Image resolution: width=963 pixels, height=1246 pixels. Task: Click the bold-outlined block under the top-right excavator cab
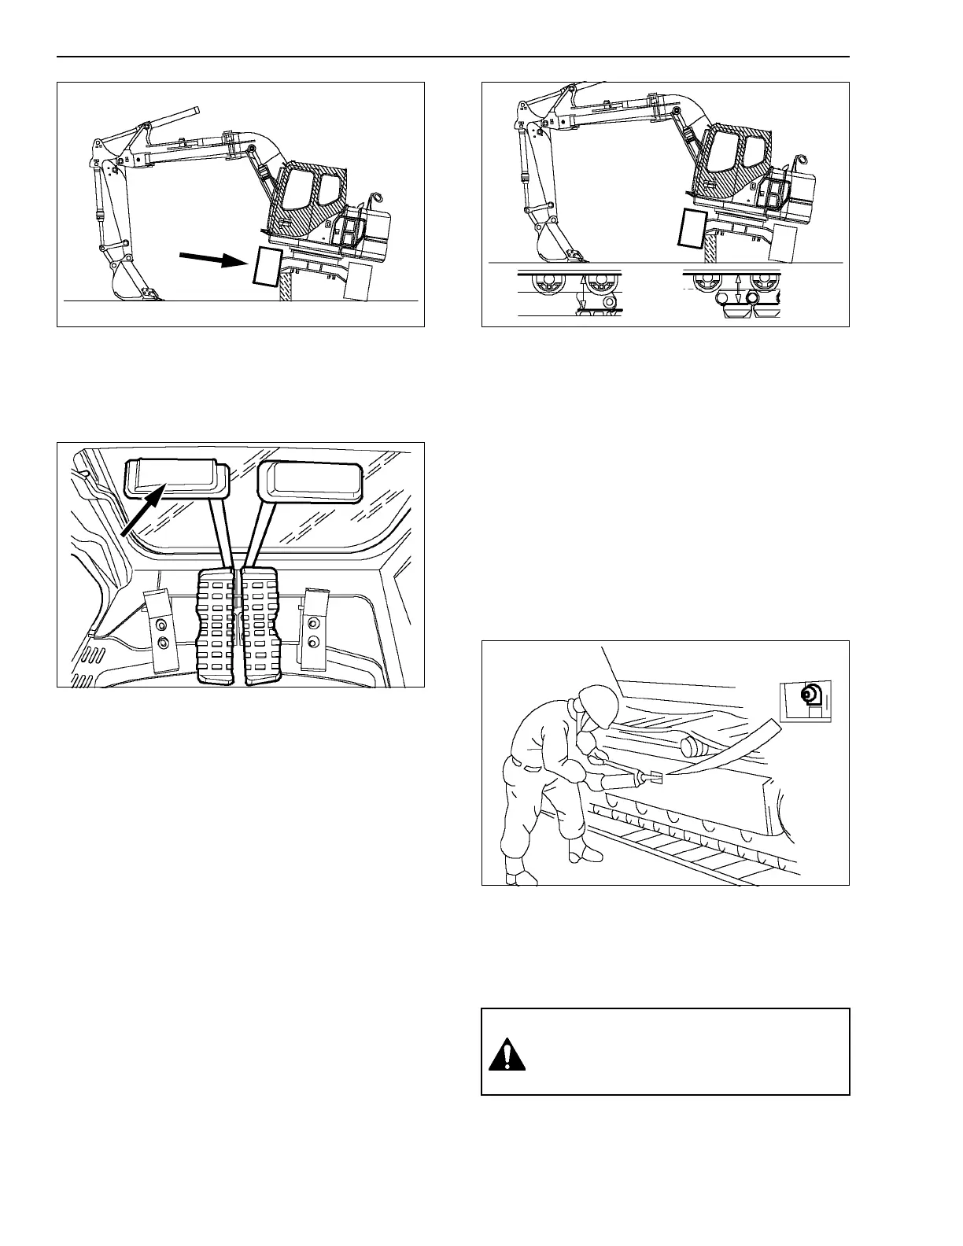coord(693,228)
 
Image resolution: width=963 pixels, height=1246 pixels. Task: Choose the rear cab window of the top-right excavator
coord(754,152)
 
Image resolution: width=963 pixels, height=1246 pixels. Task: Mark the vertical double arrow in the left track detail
coord(583,295)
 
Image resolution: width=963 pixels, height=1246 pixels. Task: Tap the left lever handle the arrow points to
coord(176,478)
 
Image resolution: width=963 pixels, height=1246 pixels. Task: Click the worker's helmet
coord(596,702)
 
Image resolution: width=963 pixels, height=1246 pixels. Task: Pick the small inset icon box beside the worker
coord(805,701)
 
